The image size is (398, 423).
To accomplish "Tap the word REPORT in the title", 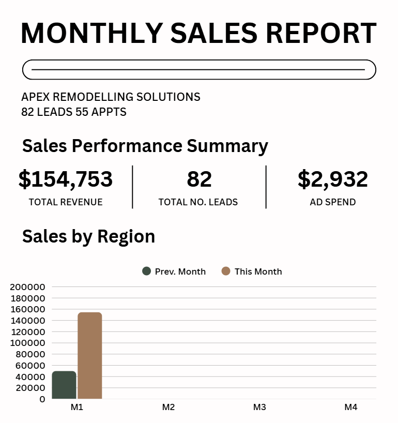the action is [321, 33].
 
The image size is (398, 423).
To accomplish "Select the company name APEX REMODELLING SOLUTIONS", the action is [111, 97].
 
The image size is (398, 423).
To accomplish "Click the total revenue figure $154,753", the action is [66, 179].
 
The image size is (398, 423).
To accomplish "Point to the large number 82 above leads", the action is [200, 179].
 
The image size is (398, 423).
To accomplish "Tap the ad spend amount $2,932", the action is [333, 179].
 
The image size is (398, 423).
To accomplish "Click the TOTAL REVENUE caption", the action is [66, 202].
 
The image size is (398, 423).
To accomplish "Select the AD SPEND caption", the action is [333, 202].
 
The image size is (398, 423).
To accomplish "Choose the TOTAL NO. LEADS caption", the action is [198, 202].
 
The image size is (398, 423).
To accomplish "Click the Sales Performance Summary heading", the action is [145, 146].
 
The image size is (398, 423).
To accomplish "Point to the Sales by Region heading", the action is [89, 236].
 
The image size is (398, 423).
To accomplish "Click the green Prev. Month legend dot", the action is [146, 271].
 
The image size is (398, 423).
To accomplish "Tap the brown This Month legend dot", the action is [226, 271].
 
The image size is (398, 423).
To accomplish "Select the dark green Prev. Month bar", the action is [64, 385].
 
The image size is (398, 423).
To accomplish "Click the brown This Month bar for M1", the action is [90, 356].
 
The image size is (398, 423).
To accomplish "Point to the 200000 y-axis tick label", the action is [27, 287].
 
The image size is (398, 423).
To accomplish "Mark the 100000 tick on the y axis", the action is [27, 343].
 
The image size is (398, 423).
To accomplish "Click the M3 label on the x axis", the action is [259, 407].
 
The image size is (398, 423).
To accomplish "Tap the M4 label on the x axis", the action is [351, 407].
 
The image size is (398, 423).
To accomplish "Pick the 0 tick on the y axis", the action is [42, 399].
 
